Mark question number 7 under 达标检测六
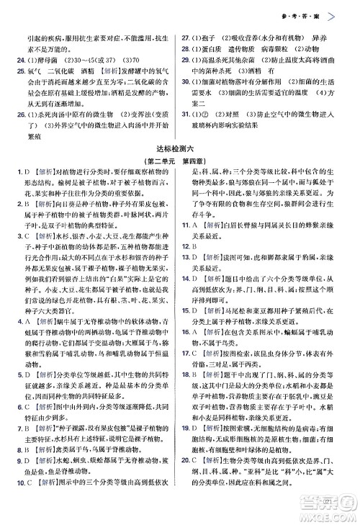pyautogui.click(x=19, y=437)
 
